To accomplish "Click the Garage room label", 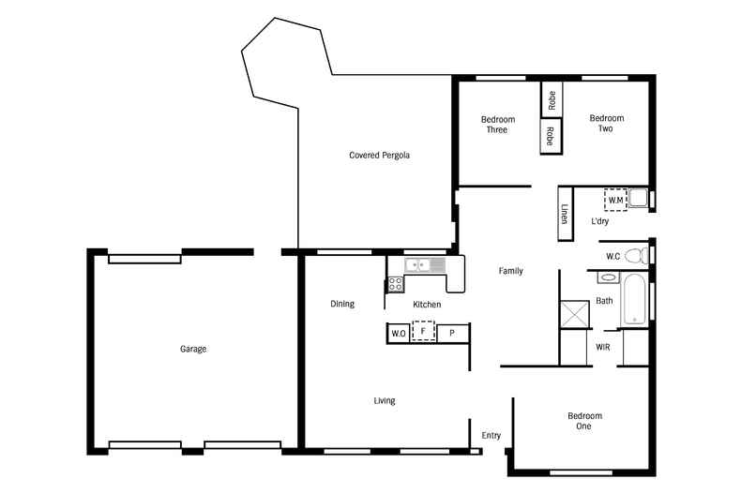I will tap(193, 349).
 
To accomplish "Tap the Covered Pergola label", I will tap(380, 155).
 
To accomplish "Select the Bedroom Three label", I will tap(497, 125).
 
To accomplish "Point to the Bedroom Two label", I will tap(606, 124).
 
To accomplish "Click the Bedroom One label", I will tap(584, 421).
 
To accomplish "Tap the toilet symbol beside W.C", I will tap(637, 255).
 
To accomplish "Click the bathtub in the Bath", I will tap(635, 299).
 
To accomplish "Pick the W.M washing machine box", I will tap(615, 200).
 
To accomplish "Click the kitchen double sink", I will tap(425, 265).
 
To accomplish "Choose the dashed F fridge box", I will tap(424, 332).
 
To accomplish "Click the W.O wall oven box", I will tap(398, 333).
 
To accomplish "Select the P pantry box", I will tap(451, 333).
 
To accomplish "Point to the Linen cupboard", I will tap(565, 215).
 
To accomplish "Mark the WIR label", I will tap(604, 347).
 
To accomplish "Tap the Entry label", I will tap(491, 435).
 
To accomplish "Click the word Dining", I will tap(342, 304).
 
